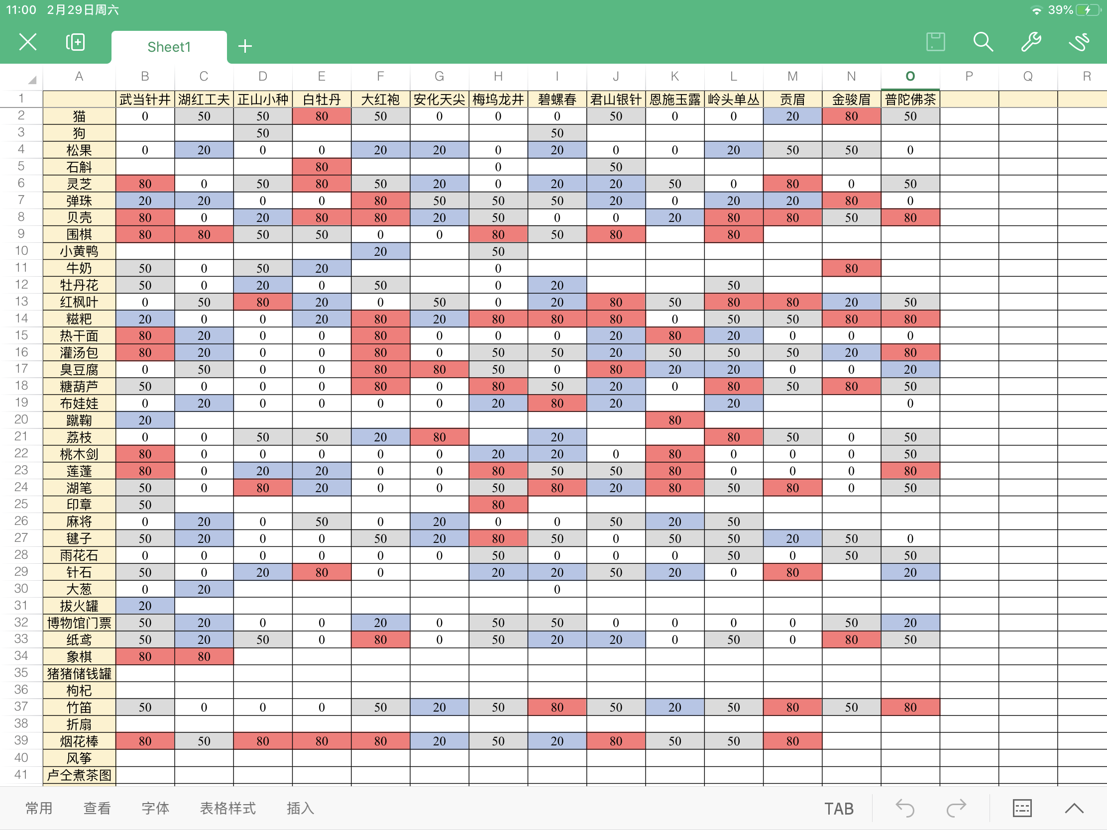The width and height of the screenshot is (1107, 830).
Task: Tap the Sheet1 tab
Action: pyautogui.click(x=169, y=47)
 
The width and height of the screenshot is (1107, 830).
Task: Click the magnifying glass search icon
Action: pyautogui.click(x=983, y=42)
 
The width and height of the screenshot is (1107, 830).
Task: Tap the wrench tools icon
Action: pyautogui.click(x=1030, y=42)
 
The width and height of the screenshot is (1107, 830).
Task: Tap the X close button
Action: pyautogui.click(x=28, y=42)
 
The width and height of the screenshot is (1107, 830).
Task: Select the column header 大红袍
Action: pyautogui.click(x=380, y=100)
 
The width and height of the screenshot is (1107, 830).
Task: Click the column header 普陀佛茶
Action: pyautogui.click(x=910, y=100)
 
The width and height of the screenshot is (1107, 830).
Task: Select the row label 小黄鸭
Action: pyautogui.click(x=79, y=251)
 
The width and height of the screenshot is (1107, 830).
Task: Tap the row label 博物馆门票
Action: pyautogui.click(x=79, y=623)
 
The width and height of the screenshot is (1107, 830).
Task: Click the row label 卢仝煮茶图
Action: pyautogui.click(x=79, y=775)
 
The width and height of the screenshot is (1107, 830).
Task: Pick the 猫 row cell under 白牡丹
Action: pyautogui.click(x=321, y=116)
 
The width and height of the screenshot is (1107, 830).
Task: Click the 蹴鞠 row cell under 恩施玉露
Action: pyautogui.click(x=674, y=420)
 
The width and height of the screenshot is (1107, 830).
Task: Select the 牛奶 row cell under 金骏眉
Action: pyautogui.click(x=851, y=268)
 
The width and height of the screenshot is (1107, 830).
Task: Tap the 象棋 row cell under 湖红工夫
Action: pyautogui.click(x=204, y=656)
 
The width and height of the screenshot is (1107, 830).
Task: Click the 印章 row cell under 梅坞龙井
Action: pyautogui.click(x=498, y=505)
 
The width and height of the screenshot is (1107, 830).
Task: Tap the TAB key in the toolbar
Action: pyautogui.click(x=839, y=809)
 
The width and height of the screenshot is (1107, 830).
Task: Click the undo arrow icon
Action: pyautogui.click(x=905, y=808)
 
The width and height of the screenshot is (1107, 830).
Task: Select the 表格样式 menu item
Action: pyautogui.click(x=227, y=808)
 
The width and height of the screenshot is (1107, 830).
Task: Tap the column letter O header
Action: pyautogui.click(x=910, y=76)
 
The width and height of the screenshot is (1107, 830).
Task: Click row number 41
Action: pyautogui.click(x=21, y=774)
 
